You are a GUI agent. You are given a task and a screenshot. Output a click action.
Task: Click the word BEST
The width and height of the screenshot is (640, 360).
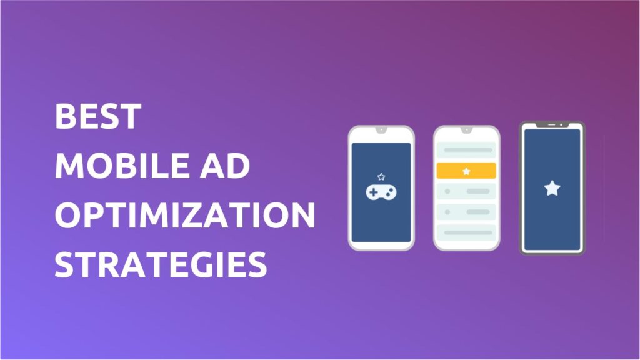[98, 116]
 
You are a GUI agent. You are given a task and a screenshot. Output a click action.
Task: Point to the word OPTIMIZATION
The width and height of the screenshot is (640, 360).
[185, 215]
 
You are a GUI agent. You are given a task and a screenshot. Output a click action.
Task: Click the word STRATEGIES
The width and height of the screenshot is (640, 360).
[161, 264]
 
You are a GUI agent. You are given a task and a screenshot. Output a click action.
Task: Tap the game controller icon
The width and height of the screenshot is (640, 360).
[381, 192]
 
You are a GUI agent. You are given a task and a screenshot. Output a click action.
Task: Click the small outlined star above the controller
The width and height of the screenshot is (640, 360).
[381, 177]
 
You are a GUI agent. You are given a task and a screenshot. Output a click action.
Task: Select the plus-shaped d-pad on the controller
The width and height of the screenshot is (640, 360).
[374, 192]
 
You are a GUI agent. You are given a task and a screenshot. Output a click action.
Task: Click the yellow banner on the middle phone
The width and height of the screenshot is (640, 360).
[466, 171]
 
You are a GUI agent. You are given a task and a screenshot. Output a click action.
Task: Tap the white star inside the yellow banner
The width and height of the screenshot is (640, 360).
[466, 171]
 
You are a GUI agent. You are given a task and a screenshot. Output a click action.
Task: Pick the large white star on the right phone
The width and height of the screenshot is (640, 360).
[552, 188]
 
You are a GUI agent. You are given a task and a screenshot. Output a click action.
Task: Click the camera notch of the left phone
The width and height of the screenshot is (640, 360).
[381, 129]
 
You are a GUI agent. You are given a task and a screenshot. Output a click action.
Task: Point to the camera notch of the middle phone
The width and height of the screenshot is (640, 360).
[466, 129]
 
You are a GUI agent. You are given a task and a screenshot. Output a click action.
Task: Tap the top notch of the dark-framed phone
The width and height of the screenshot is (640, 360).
[552, 124]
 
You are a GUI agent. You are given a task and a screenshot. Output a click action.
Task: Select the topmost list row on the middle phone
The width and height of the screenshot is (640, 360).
[466, 150]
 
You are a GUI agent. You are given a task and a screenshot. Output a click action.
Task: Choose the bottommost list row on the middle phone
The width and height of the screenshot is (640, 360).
[466, 232]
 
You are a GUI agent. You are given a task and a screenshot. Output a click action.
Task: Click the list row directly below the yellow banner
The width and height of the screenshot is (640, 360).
[466, 191]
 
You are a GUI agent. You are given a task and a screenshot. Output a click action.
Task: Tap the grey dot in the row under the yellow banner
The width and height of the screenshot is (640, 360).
[447, 191]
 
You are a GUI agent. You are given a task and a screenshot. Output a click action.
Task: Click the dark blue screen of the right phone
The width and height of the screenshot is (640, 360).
[552, 189]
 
